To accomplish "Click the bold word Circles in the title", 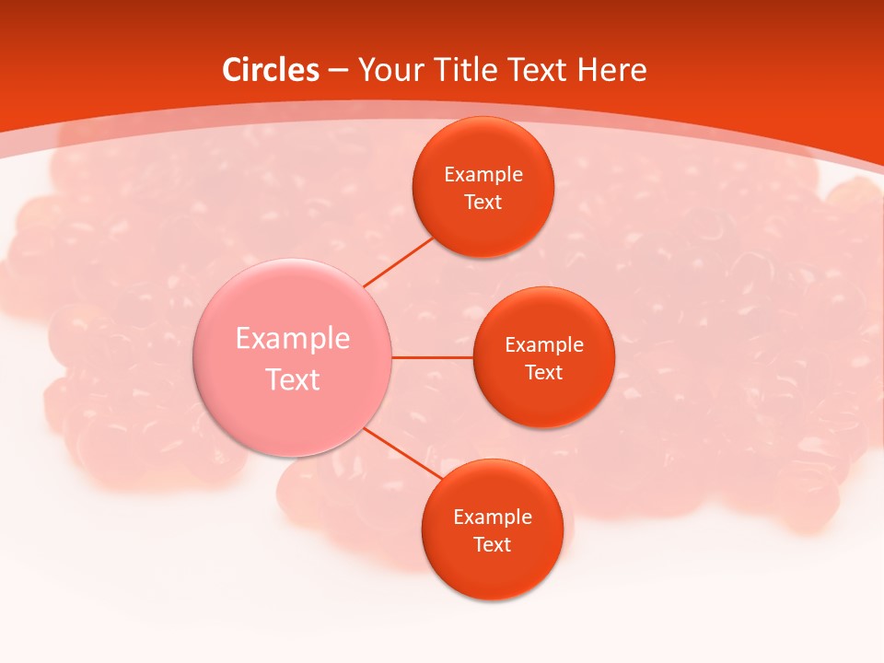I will [270, 70].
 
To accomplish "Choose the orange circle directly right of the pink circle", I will [543, 401].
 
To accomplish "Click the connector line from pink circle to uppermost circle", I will [398, 262].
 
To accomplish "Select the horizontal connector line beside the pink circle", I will [432, 357].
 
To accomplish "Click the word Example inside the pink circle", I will [293, 339].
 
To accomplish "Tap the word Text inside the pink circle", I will [293, 379].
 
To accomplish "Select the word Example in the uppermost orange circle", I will [483, 175].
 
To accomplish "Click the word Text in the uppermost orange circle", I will [483, 203].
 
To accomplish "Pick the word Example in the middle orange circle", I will [544, 345].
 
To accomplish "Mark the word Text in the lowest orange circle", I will [492, 545].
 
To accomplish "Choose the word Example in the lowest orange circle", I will [493, 518].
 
